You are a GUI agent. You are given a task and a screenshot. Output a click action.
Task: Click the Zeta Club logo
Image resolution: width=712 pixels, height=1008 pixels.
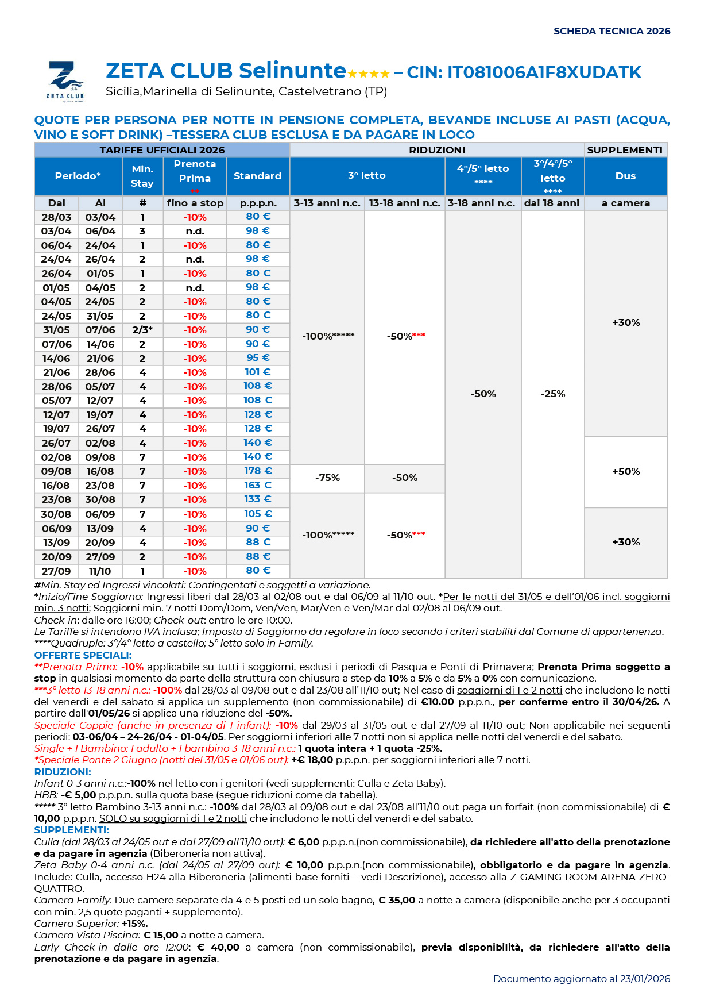65,81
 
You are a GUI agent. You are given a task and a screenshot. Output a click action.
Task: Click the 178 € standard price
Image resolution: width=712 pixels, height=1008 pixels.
258,471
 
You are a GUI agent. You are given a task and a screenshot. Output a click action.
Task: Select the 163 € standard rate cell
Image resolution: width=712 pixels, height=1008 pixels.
258,486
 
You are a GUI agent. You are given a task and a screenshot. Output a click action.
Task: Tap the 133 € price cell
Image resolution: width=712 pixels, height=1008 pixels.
258,499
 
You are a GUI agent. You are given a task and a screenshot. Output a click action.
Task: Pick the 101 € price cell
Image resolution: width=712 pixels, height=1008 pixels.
258,372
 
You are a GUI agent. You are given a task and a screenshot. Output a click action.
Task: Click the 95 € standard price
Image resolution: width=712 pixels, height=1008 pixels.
258,358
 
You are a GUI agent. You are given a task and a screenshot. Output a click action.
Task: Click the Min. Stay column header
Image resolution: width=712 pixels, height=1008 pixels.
142,176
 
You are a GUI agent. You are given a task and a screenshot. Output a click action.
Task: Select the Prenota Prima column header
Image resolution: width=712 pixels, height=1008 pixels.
195,172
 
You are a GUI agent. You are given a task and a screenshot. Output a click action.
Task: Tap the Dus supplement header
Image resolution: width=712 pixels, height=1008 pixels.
625,176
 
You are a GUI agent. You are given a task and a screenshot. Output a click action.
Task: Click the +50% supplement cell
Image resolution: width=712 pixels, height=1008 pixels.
626,471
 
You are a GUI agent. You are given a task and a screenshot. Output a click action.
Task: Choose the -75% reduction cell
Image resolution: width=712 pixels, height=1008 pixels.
327,478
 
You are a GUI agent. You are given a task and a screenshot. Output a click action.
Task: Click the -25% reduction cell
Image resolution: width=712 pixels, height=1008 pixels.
553,394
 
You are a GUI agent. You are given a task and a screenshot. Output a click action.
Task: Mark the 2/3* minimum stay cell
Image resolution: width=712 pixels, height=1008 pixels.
142,330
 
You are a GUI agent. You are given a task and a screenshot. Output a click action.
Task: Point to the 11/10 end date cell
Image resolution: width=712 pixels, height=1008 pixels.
100,571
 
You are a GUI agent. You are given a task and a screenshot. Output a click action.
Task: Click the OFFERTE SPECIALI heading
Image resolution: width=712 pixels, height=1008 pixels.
83,655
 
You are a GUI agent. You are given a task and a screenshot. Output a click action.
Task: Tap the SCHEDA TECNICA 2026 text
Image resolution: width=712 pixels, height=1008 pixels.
612,31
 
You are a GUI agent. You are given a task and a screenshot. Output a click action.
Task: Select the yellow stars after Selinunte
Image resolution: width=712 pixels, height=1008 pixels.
368,74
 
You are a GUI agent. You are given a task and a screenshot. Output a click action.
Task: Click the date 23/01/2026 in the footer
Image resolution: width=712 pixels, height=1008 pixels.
645,979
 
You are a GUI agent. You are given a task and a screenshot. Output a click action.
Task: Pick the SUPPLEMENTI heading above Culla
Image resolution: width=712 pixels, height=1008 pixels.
71,830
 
